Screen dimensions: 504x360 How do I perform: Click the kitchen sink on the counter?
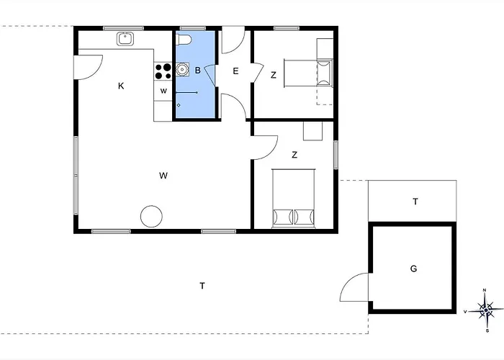click(125, 39)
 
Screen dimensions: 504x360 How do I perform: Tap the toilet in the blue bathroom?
click(184, 39)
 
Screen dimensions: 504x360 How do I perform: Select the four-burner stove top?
click(163, 71)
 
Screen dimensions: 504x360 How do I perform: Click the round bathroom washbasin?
click(182, 69)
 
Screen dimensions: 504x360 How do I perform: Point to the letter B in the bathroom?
click(198, 70)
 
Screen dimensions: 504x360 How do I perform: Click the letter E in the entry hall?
click(235, 71)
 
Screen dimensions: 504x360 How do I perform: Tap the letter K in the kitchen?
click(121, 86)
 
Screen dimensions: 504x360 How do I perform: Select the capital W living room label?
click(163, 176)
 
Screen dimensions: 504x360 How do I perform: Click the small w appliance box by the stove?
click(163, 91)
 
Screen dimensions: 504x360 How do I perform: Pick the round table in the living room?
click(151, 216)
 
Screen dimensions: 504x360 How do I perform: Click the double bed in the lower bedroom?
click(294, 198)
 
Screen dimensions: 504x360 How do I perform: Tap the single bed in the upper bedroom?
click(308, 73)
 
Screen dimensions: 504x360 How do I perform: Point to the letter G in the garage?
click(414, 269)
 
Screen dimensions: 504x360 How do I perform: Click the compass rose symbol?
click(486, 310)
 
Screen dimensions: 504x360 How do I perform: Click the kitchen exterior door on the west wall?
click(88, 67)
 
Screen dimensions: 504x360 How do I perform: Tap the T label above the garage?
click(415, 202)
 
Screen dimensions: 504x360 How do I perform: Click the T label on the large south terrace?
click(202, 286)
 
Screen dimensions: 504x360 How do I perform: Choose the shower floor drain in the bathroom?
click(179, 105)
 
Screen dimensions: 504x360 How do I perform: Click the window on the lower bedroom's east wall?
click(336, 155)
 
